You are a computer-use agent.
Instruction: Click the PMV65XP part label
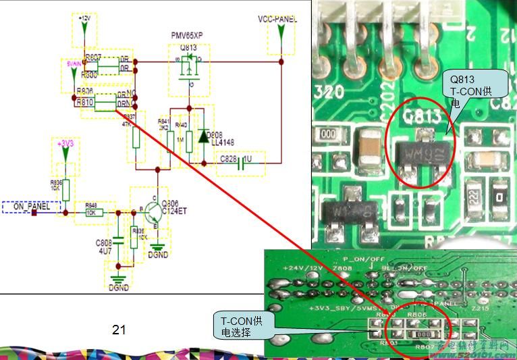click(190, 33)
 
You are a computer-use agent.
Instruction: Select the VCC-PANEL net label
click(277, 19)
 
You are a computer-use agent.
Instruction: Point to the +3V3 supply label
click(65, 144)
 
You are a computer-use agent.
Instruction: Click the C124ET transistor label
click(175, 211)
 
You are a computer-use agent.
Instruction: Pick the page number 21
click(119, 330)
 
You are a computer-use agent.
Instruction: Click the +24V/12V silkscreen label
click(304, 267)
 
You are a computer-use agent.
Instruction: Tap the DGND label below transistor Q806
click(159, 255)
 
